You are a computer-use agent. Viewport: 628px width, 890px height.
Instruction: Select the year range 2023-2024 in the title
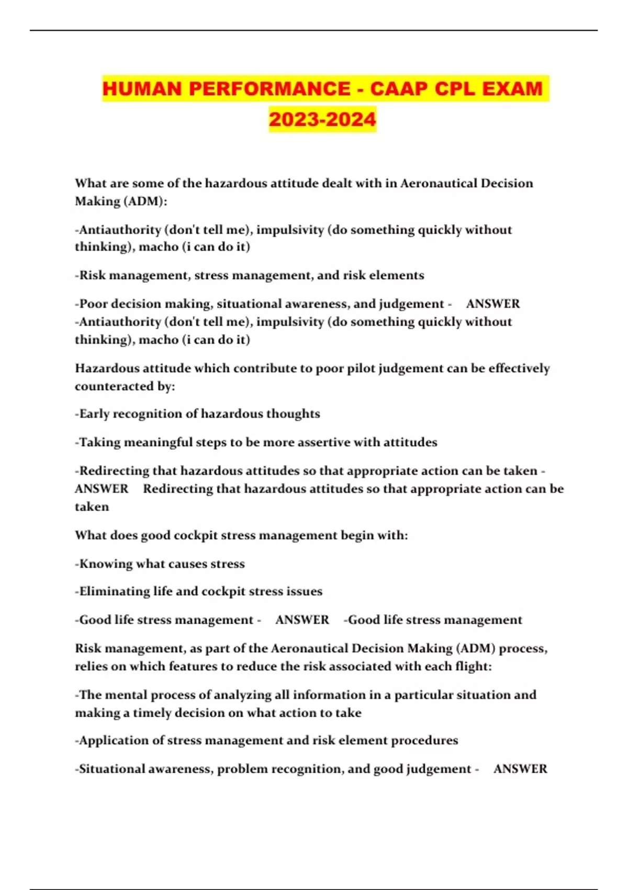pos(322,119)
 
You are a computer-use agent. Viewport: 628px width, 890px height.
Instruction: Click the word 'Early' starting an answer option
pos(95,414)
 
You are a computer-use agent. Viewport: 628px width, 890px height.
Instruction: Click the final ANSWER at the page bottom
pos(520,769)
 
